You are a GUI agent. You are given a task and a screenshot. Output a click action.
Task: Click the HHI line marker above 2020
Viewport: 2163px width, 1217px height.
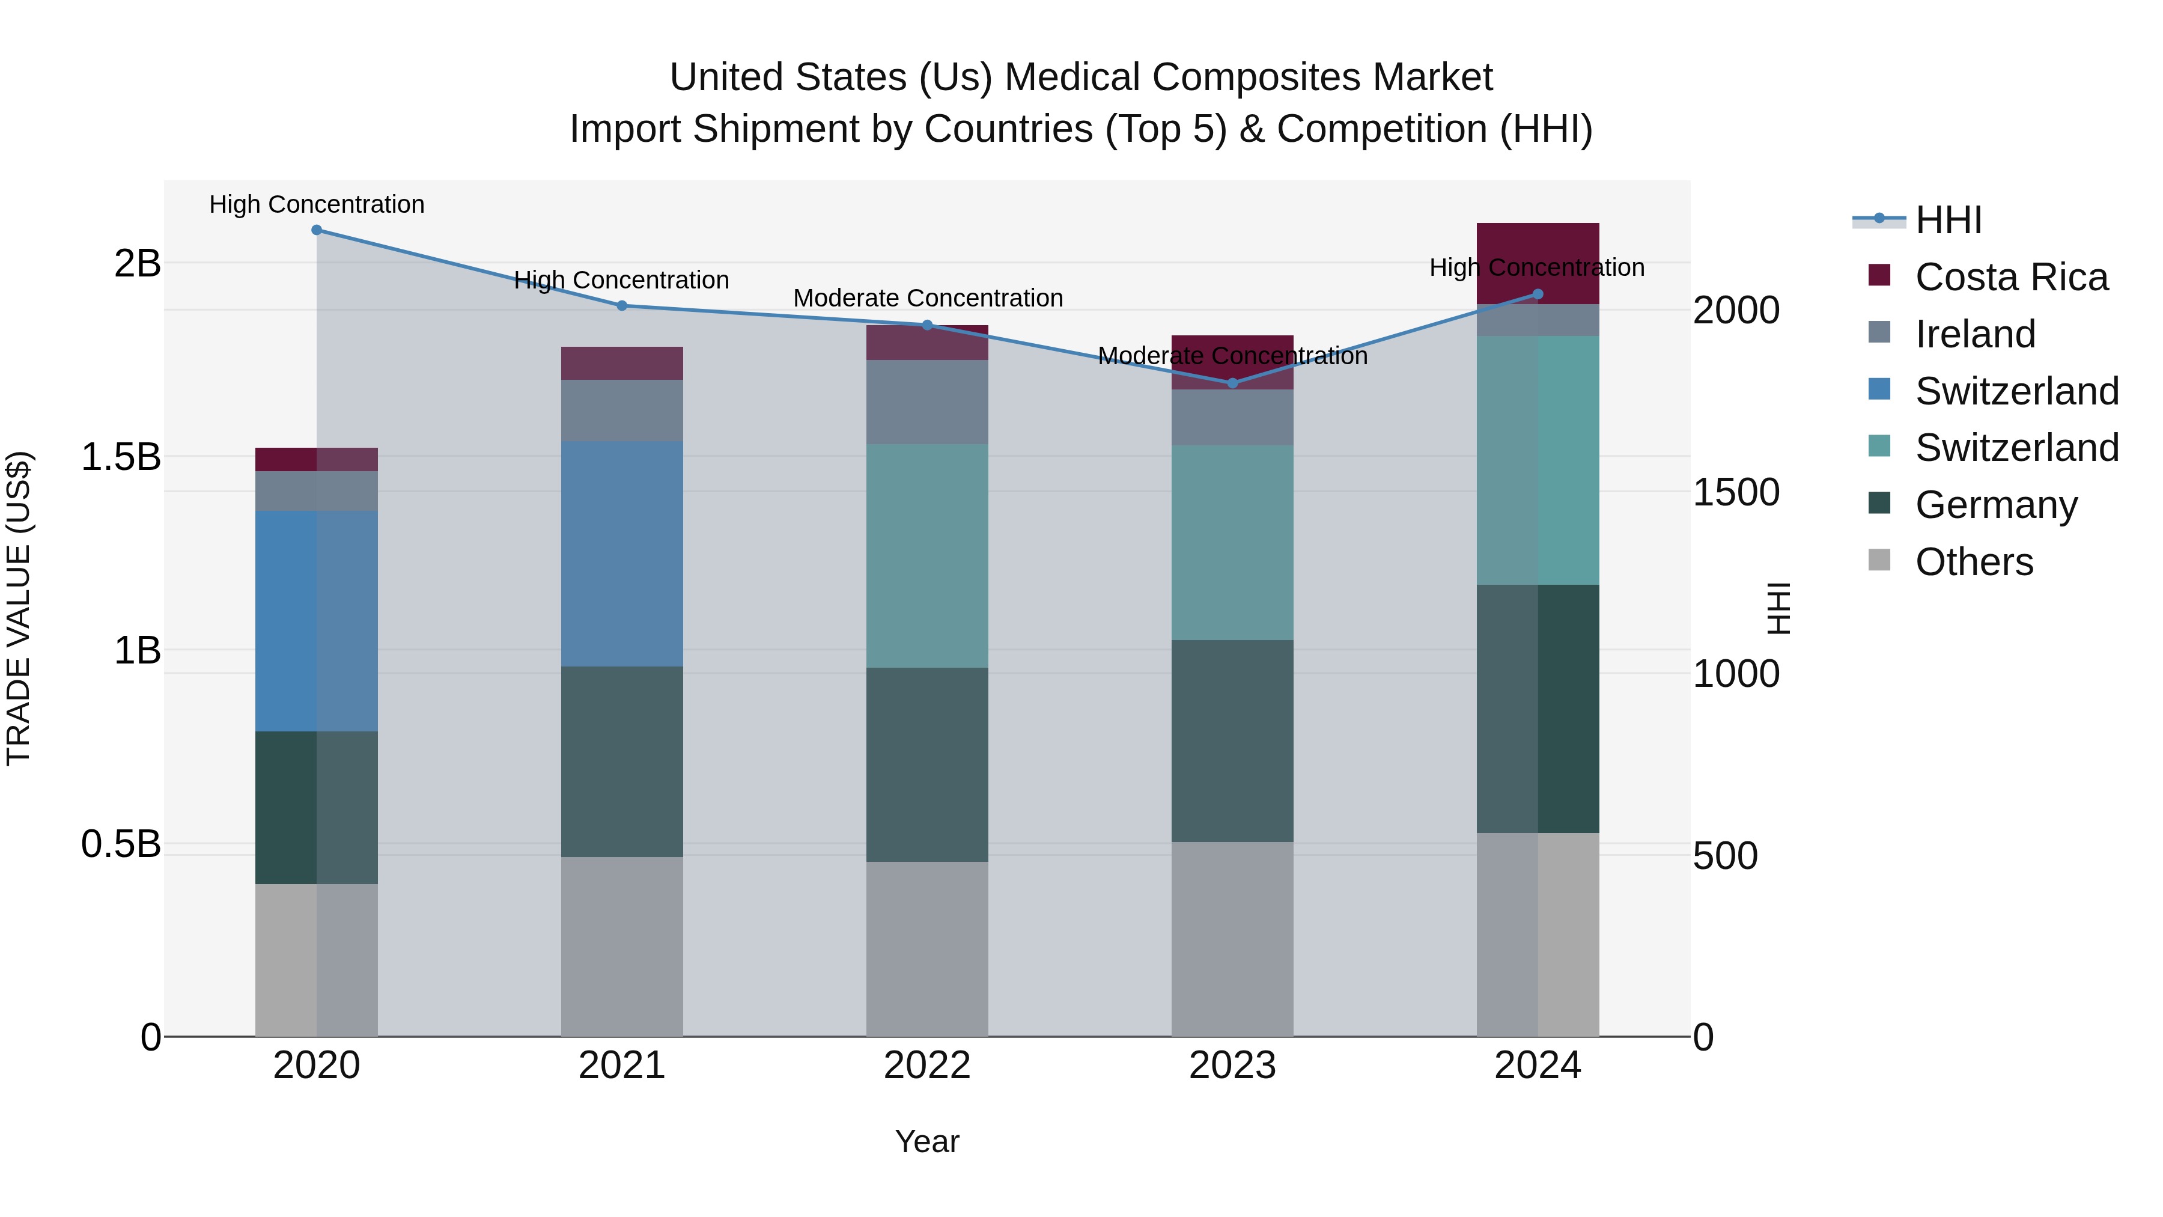pyautogui.click(x=317, y=230)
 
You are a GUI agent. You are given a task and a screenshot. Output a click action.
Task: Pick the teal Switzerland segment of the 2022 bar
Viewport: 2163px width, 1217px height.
pyautogui.click(x=927, y=555)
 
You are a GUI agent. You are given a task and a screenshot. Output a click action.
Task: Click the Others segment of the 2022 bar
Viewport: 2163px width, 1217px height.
pyautogui.click(x=927, y=948)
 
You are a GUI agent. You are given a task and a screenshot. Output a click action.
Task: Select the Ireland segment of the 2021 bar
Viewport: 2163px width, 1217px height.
pyautogui.click(x=621, y=410)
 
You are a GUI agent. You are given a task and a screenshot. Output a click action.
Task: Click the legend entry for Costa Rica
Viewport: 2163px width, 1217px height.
pyautogui.click(x=2011, y=277)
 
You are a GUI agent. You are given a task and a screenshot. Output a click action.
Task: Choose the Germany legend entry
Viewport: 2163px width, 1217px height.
pyautogui.click(x=1996, y=505)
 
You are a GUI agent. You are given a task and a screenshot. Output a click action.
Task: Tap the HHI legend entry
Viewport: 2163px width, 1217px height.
pyautogui.click(x=1948, y=220)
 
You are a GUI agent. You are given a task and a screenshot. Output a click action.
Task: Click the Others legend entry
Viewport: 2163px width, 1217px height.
pyautogui.click(x=1973, y=562)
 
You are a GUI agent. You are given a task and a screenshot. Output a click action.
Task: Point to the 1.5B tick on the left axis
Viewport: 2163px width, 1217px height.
pyautogui.click(x=120, y=457)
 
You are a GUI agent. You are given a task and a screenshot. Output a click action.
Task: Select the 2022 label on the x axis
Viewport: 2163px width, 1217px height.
pyautogui.click(x=927, y=1066)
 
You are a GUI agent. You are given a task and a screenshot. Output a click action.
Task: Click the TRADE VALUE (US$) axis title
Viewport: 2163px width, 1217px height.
pyautogui.click(x=19, y=608)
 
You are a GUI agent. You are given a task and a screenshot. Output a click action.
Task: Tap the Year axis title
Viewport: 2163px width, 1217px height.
pyautogui.click(x=927, y=1141)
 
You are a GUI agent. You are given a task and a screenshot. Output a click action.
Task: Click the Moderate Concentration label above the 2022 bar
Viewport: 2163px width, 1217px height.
pyautogui.click(x=928, y=298)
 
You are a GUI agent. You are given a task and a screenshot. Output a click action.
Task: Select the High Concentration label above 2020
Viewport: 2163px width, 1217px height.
pyautogui.click(x=317, y=204)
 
